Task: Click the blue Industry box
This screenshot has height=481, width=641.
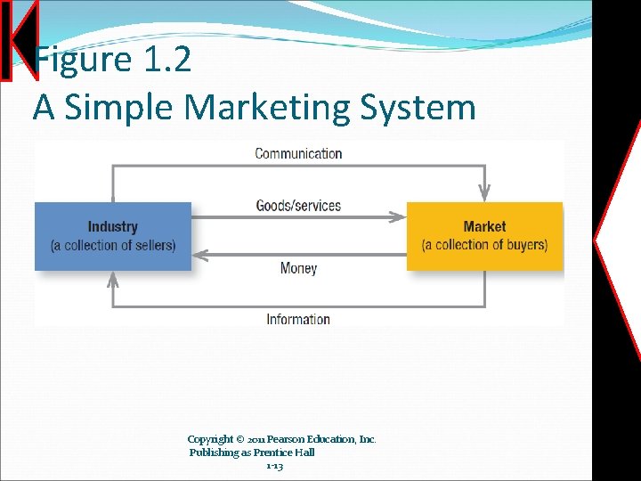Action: pos(112,236)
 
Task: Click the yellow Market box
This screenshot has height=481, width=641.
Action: pos(484,236)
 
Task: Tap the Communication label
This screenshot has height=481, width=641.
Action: pos(298,153)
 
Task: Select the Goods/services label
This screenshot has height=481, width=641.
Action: pos(298,206)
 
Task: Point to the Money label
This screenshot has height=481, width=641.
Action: pos(298,268)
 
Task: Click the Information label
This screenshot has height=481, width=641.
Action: pos(298,319)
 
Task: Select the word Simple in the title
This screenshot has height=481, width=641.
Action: pos(119,108)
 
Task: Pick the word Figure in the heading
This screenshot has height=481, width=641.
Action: pos(82,61)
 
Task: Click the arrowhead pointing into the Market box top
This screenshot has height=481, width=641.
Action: pos(484,192)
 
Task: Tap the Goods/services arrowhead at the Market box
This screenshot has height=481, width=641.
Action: pos(399,216)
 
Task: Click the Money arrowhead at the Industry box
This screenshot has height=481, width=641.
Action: pos(200,255)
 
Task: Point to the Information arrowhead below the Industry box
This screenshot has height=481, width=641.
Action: pos(113,280)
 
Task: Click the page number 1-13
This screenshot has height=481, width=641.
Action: pos(274,466)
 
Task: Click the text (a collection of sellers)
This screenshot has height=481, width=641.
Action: pos(113,245)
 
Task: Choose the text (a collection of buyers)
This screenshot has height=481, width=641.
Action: pos(484,245)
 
